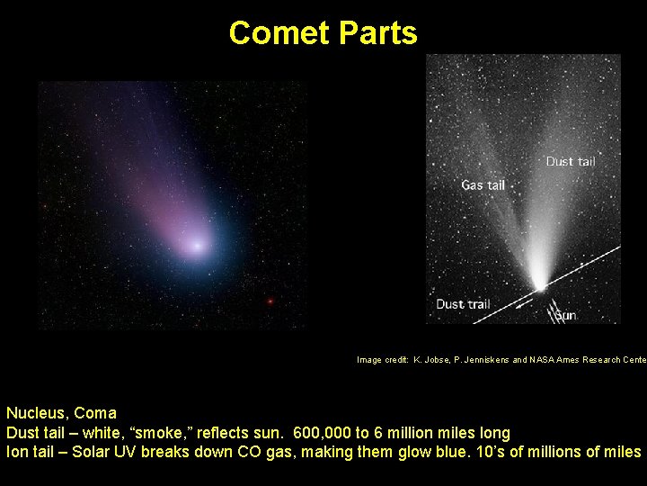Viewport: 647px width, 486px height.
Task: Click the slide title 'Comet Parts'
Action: tap(323, 33)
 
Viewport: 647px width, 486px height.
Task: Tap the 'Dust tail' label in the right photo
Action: tap(571, 162)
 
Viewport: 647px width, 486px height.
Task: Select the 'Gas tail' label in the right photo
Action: tap(483, 185)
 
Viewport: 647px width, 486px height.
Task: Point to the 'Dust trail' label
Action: tap(463, 304)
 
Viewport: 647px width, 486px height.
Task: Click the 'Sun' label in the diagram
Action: tap(565, 316)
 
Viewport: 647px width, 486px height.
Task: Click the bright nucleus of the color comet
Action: tap(197, 244)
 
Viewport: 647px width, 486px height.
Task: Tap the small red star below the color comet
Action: tap(270, 301)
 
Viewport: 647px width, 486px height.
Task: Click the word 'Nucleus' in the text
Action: tap(37, 413)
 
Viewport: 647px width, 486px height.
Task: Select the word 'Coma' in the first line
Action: tap(95, 413)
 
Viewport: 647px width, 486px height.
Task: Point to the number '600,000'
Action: tap(329, 433)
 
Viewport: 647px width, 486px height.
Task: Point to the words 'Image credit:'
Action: tap(383, 360)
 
